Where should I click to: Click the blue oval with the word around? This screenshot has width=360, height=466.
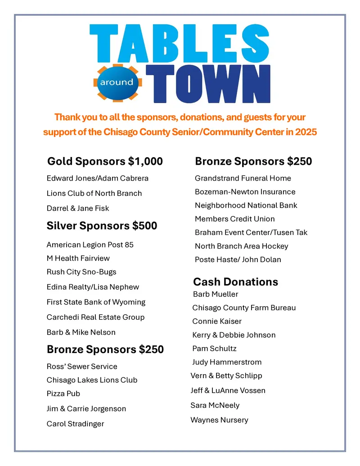(117, 82)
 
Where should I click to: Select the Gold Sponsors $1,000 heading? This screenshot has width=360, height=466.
(105, 161)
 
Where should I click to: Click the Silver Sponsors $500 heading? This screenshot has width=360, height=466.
(102, 226)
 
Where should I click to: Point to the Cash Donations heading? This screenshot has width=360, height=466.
(235, 282)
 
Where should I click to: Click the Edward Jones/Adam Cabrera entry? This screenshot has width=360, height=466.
(97, 178)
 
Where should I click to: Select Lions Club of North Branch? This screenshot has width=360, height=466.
(94, 193)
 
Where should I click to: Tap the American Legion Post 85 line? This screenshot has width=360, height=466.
(90, 245)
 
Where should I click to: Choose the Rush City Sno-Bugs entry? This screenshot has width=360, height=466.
(81, 272)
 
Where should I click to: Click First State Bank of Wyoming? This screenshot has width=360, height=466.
(96, 302)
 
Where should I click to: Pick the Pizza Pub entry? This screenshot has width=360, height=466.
(63, 394)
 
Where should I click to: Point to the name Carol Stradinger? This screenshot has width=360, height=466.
(75, 424)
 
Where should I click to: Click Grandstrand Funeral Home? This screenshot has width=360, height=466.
(243, 178)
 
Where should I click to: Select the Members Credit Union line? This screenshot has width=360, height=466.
(234, 219)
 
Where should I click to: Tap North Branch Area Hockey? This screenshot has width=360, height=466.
(241, 246)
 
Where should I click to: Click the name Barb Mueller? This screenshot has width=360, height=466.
(216, 294)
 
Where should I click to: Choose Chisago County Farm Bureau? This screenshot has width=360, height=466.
(244, 308)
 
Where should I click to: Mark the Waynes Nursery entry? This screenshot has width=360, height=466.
(219, 420)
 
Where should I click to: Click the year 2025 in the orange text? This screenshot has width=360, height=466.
(306, 132)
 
